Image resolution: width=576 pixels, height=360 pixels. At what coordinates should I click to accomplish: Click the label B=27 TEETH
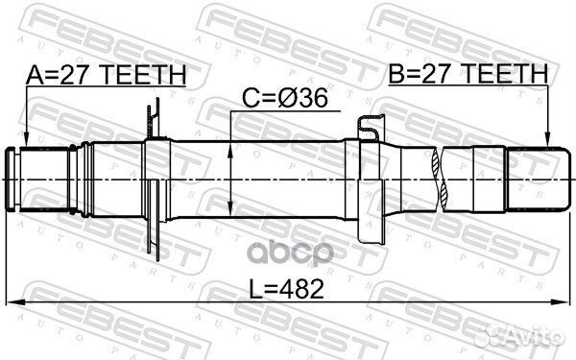(467, 74)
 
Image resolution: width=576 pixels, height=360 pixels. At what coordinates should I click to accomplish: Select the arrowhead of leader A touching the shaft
(26, 144)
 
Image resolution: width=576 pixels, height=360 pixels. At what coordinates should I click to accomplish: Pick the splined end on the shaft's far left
(38, 179)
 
